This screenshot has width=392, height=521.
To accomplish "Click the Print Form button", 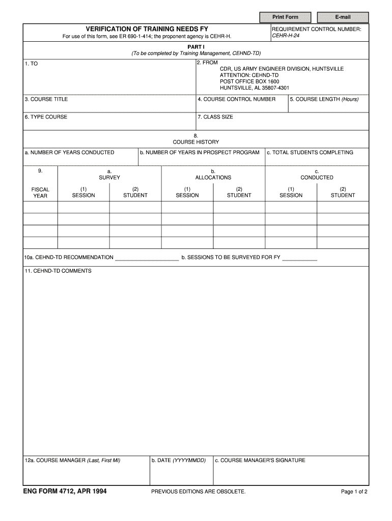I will tap(285, 17).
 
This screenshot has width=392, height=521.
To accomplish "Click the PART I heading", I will tap(196, 46).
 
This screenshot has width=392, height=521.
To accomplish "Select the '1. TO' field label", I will tap(31, 64).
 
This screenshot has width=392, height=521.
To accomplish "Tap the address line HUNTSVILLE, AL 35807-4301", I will tap(255, 88).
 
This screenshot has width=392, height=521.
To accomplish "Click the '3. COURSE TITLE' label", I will tap(46, 99).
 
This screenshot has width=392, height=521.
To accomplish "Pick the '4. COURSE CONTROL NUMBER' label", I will tap(237, 99).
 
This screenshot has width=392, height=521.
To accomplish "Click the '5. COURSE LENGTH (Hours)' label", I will tap(324, 99).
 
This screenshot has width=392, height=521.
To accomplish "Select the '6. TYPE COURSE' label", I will tap(46, 117).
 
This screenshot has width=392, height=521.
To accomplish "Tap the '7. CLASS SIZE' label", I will tap(215, 117).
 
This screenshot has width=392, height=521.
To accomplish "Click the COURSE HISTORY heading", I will tap(196, 142).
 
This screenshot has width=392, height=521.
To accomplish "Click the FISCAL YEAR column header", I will tap(40, 192).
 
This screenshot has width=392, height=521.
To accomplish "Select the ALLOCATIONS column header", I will tap(213, 178).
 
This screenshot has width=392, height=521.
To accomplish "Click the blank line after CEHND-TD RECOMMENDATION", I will tap(147, 258).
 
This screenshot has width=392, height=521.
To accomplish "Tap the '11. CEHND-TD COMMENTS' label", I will tap(58, 271).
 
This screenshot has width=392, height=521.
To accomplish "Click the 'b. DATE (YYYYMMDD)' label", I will tap(179, 460).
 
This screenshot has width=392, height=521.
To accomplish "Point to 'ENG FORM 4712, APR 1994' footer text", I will tap(65, 491).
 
